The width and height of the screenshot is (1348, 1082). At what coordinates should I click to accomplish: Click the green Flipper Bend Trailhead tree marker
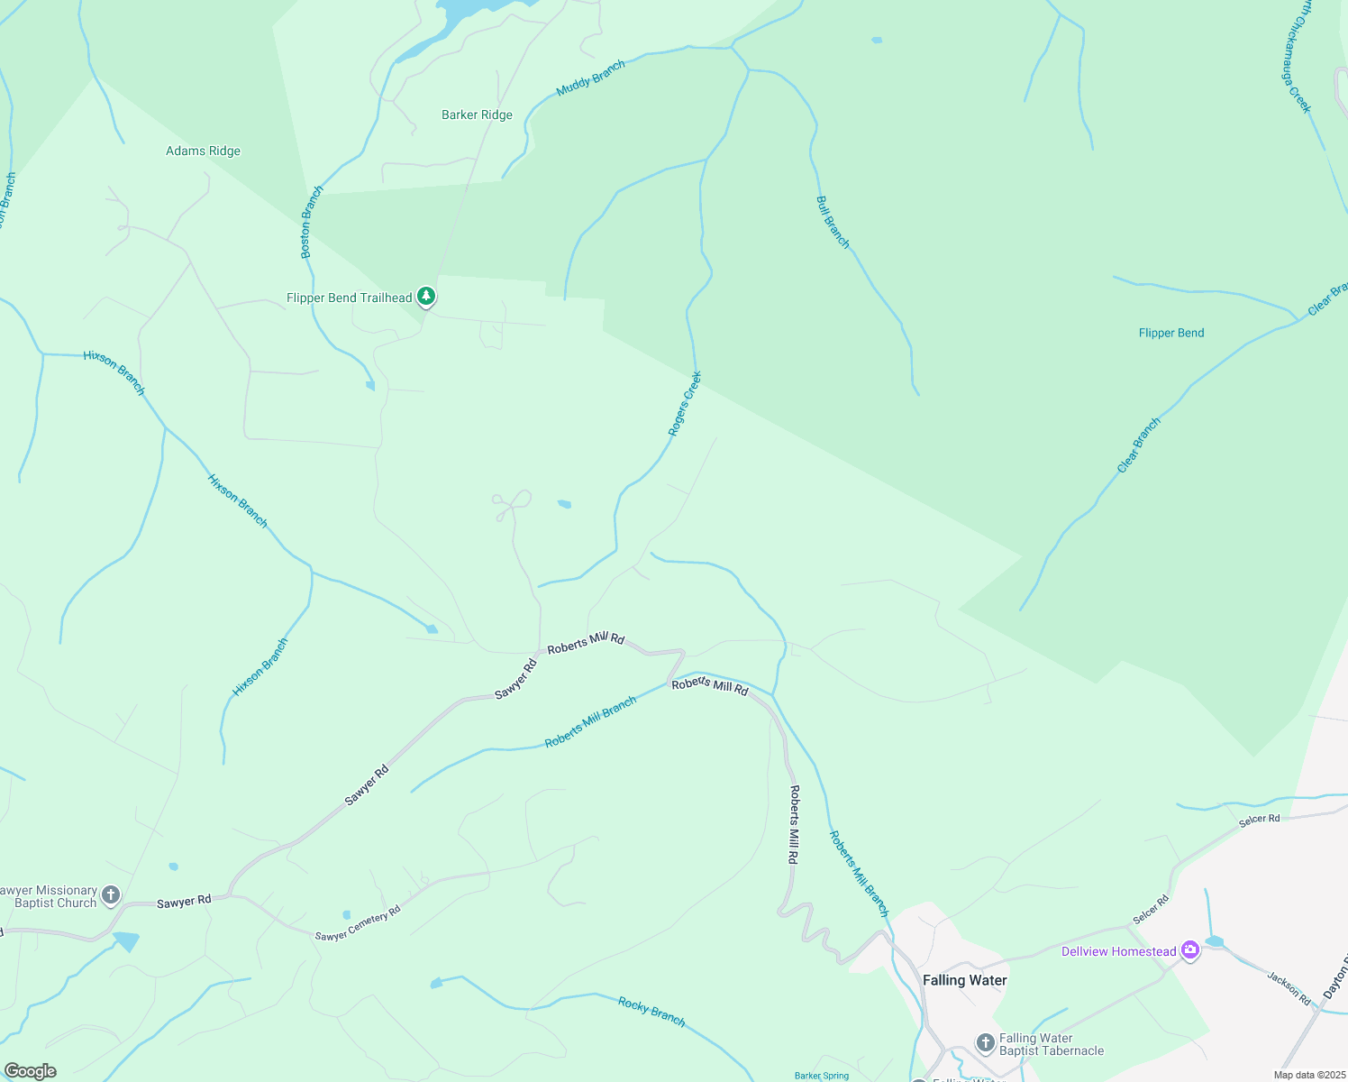426,296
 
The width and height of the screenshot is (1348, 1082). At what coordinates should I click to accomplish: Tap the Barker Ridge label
477,115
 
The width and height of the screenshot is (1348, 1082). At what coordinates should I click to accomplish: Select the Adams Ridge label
203,151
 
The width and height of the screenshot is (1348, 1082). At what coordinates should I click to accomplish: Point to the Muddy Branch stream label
591,78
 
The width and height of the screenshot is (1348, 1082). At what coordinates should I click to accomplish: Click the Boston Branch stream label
311,223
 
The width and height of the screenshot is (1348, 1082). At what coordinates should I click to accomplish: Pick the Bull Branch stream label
833,222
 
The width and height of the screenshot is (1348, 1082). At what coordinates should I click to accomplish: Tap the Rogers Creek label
685,404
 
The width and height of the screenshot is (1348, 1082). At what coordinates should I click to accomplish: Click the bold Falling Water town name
964,980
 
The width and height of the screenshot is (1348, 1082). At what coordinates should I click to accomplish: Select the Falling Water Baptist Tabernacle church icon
985,1043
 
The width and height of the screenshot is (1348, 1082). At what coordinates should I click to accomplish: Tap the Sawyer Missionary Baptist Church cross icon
111,895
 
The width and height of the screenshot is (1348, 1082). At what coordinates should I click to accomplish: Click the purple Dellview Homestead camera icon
1190,950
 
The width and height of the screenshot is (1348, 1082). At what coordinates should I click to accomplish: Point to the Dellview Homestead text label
1118,951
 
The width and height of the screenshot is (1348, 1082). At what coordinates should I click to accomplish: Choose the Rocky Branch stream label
651,1012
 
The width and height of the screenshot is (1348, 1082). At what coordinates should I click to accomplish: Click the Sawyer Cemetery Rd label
358,925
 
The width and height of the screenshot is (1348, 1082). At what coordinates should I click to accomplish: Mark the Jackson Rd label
1289,988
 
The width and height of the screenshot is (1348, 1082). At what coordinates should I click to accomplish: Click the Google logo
31,1071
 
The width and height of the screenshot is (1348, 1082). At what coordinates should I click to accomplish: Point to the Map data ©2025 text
1308,1075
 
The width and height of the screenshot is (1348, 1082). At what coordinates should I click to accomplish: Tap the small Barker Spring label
822,1076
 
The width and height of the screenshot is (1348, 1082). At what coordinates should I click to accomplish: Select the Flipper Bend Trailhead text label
349,298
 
